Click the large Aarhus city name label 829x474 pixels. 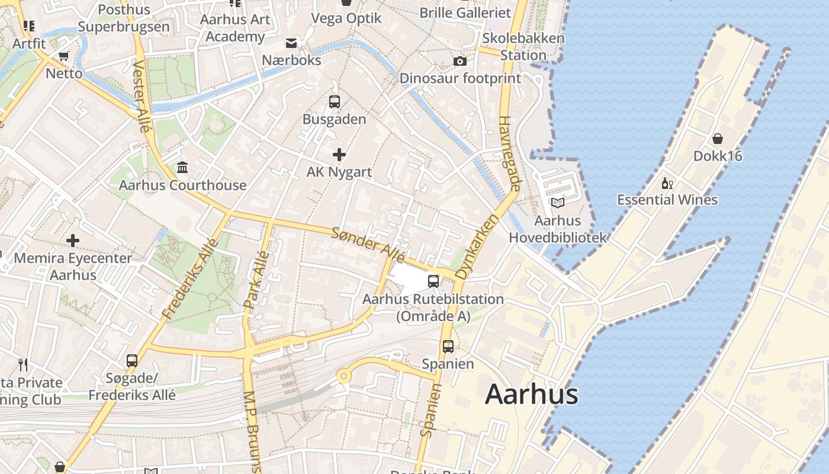click(531, 395)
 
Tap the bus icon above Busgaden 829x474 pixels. click(335, 101)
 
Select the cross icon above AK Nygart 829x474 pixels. click(339, 155)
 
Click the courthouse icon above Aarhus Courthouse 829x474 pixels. click(182, 168)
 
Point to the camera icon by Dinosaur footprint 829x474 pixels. click(460, 61)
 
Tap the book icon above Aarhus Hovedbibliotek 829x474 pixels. click(558, 203)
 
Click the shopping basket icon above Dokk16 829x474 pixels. click(718, 139)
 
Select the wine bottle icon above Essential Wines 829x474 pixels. click(667, 183)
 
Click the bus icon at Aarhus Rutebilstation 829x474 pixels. click(433, 281)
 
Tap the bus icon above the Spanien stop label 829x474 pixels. click(448, 346)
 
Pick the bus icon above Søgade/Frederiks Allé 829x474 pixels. click(132, 360)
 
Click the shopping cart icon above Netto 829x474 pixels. click(63, 56)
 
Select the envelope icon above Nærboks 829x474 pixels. click(291, 43)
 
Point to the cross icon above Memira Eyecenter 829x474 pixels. click(73, 241)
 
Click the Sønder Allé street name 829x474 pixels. click(368, 245)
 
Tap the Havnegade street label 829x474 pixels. click(509, 153)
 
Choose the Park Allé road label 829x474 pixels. click(257, 280)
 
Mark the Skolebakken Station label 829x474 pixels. click(523, 46)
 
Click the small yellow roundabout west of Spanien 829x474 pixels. click(342, 376)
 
